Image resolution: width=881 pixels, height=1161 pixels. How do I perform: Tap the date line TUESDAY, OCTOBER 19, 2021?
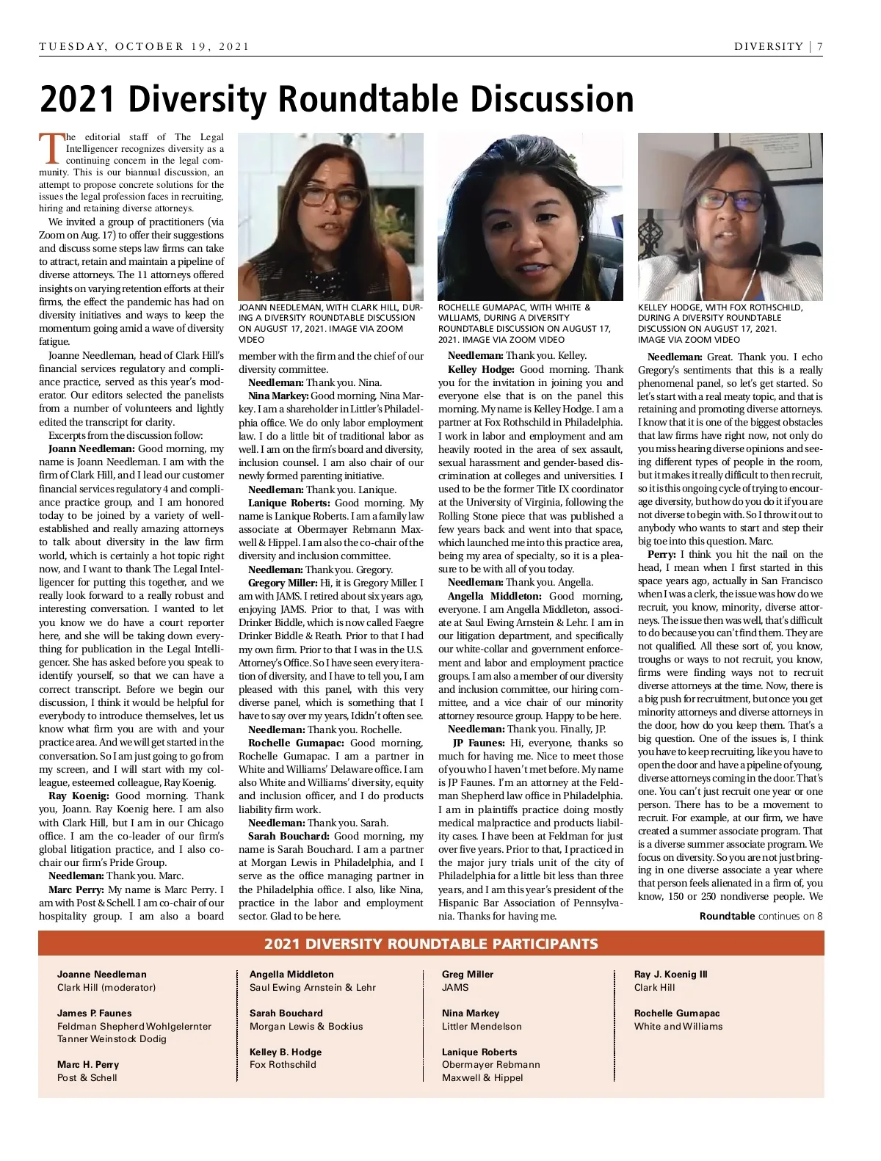tap(145, 46)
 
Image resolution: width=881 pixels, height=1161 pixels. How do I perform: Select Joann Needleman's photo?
tap(330, 216)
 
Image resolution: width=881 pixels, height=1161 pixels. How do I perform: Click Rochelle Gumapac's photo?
tap(530, 216)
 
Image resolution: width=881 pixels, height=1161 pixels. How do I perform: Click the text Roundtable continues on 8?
tap(761, 916)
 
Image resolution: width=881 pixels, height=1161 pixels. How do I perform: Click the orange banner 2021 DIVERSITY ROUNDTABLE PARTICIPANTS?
tap(431, 944)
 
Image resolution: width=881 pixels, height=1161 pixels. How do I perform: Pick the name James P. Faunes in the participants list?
tap(94, 1013)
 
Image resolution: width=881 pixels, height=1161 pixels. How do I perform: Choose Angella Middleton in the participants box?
tap(291, 974)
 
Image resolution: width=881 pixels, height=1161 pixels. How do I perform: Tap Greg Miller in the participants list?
tap(468, 974)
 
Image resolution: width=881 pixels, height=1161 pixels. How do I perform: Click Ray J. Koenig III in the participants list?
tap(670, 974)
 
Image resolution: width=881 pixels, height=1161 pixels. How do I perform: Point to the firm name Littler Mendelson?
tap(482, 1026)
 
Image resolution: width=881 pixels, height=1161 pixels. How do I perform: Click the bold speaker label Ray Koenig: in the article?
tap(79, 796)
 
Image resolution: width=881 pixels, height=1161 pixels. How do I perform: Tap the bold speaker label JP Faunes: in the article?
tap(479, 743)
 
